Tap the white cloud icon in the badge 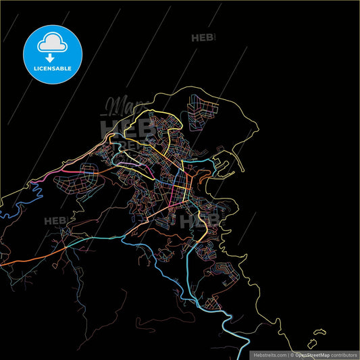[52, 41]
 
